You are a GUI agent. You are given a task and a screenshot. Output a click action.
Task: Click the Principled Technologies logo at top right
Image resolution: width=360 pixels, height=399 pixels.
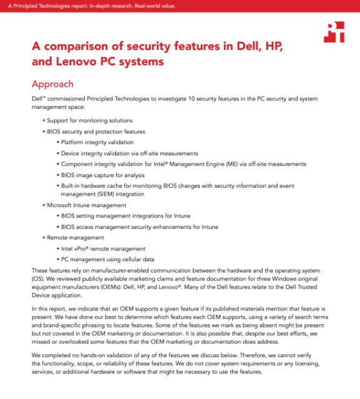coord(334,32)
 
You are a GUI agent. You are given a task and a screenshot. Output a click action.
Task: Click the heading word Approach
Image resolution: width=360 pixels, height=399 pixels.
coord(52,84)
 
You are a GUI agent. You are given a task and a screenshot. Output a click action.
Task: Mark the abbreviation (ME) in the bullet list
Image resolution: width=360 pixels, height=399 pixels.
coord(230,164)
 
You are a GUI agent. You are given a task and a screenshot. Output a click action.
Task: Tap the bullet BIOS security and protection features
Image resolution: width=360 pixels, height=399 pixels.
coord(96,132)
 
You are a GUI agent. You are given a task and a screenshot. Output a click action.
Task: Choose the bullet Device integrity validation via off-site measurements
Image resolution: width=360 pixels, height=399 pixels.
coord(129,153)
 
